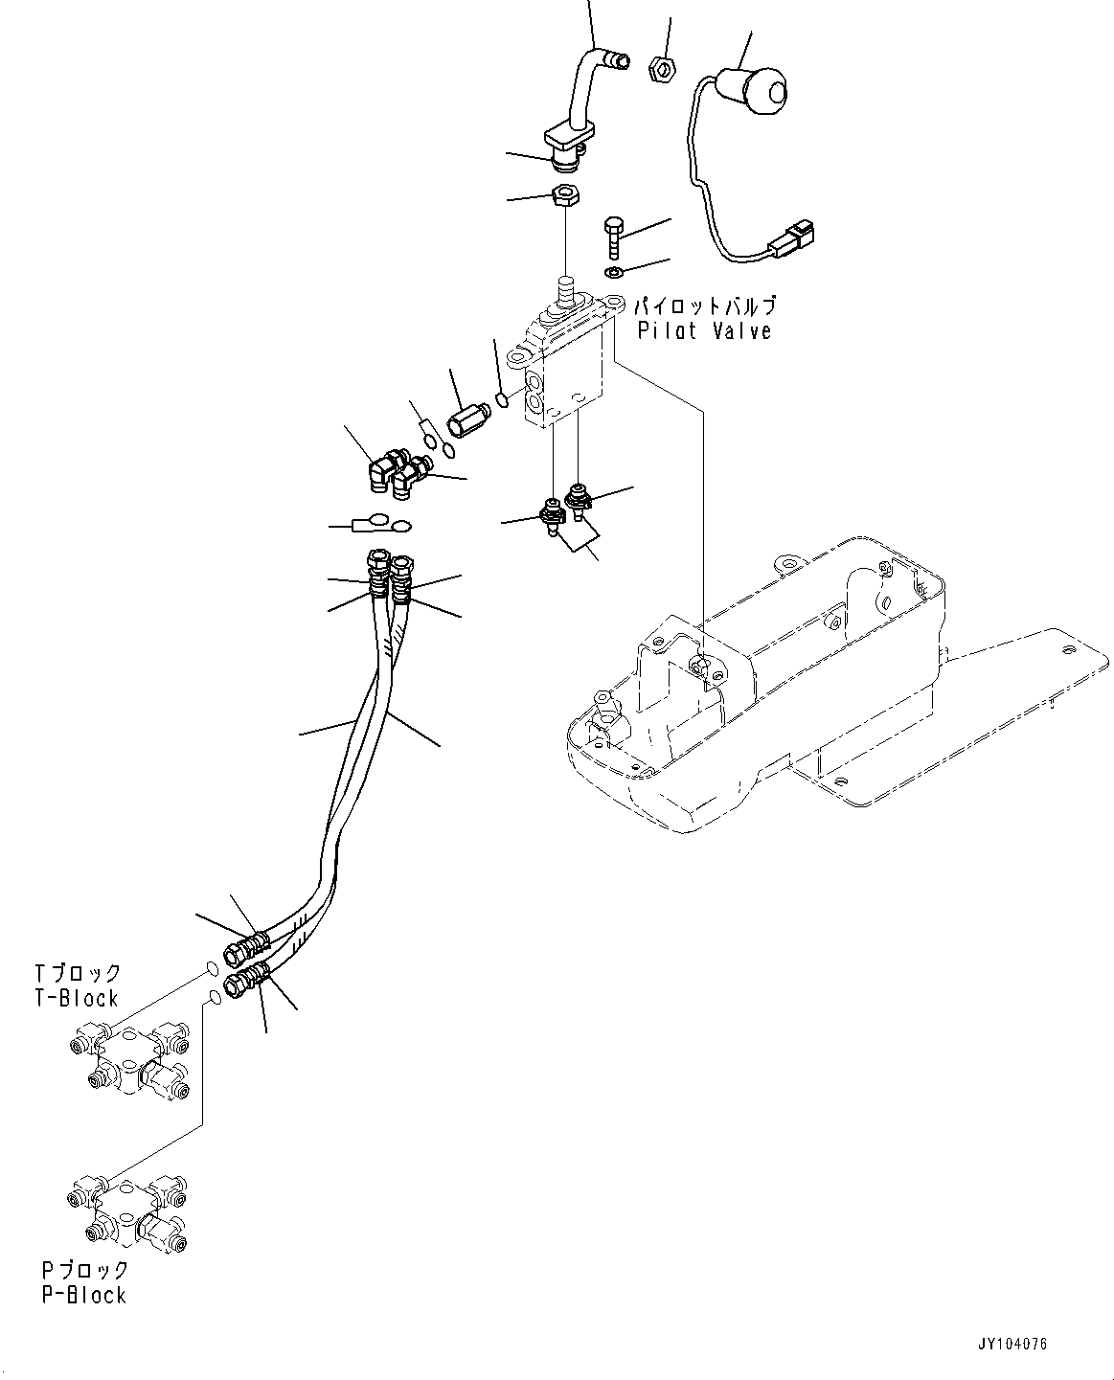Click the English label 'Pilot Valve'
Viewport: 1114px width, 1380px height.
click(704, 332)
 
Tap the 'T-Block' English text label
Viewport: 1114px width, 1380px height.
click(76, 998)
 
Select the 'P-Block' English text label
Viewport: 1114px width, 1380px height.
click(83, 1295)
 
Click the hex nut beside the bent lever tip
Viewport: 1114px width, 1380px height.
click(660, 69)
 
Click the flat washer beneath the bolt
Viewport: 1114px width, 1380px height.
click(614, 274)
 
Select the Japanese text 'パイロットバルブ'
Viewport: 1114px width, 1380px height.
click(704, 307)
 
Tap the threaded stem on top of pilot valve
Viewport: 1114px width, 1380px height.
click(565, 289)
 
